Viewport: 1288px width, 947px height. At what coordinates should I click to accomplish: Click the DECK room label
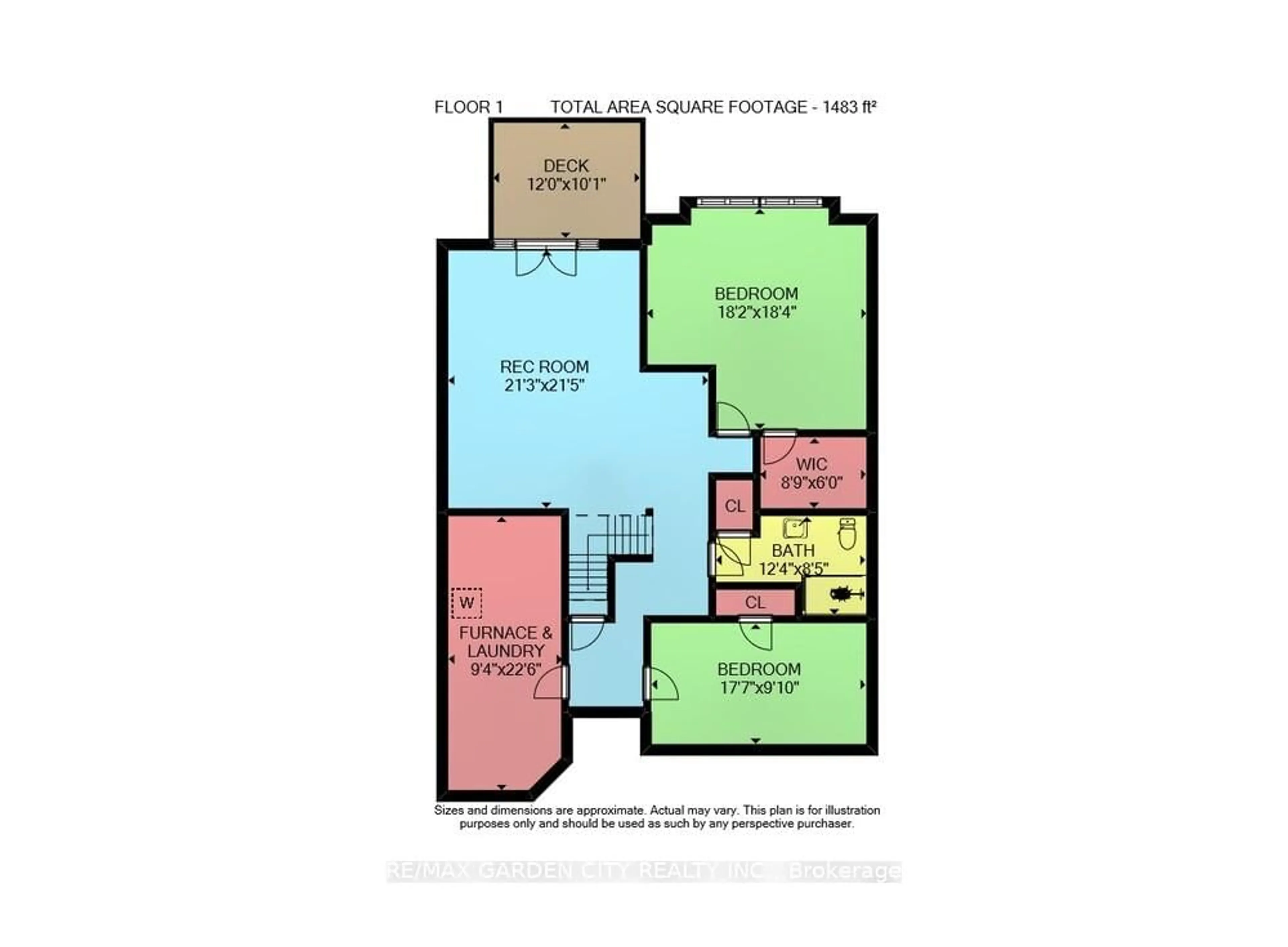click(x=566, y=166)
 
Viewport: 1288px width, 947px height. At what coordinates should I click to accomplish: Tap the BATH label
click(x=793, y=550)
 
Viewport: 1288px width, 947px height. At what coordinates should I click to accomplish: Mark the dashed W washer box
click(x=466, y=603)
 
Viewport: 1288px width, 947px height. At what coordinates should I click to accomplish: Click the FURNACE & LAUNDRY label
click(x=506, y=642)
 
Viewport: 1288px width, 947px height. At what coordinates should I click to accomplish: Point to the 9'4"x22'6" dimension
click(x=506, y=669)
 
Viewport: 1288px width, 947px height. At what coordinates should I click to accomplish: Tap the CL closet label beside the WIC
click(x=735, y=506)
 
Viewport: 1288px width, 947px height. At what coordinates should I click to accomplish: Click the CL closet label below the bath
click(x=755, y=602)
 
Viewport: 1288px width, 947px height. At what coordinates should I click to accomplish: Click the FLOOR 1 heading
click(x=468, y=107)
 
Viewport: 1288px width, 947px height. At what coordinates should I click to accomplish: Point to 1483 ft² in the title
click(x=850, y=107)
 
